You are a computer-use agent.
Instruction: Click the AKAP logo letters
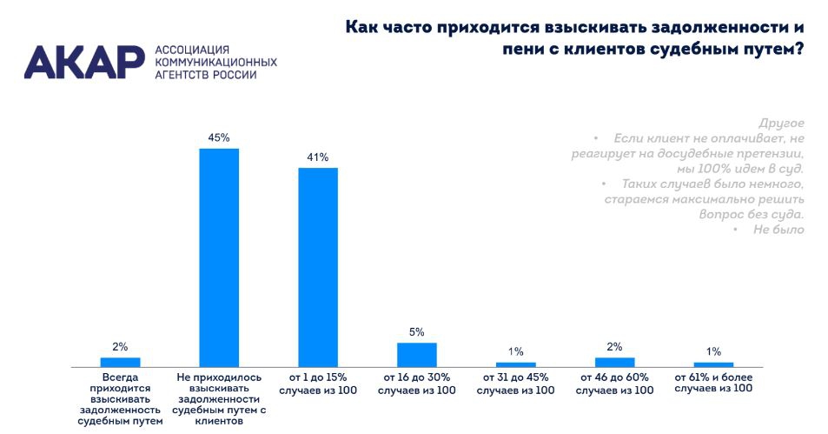tap(83, 60)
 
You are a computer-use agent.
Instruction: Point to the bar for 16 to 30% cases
tap(417, 355)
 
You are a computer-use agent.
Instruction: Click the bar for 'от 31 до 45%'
tap(516, 364)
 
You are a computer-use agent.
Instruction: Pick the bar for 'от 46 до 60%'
tap(614, 362)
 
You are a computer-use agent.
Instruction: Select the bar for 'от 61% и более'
tap(713, 364)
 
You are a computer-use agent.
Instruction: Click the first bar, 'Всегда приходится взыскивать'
tap(120, 362)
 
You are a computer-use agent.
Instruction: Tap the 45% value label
tap(219, 137)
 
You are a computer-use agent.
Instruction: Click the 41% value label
tap(317, 157)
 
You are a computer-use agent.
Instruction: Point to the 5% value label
tap(417, 332)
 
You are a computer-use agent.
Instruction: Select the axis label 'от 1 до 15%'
tap(318, 384)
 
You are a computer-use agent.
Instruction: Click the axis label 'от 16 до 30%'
tap(417, 384)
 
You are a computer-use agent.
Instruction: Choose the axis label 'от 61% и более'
tap(713, 384)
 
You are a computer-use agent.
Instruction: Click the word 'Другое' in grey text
tap(781, 123)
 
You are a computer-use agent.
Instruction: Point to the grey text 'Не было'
tap(778, 230)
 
